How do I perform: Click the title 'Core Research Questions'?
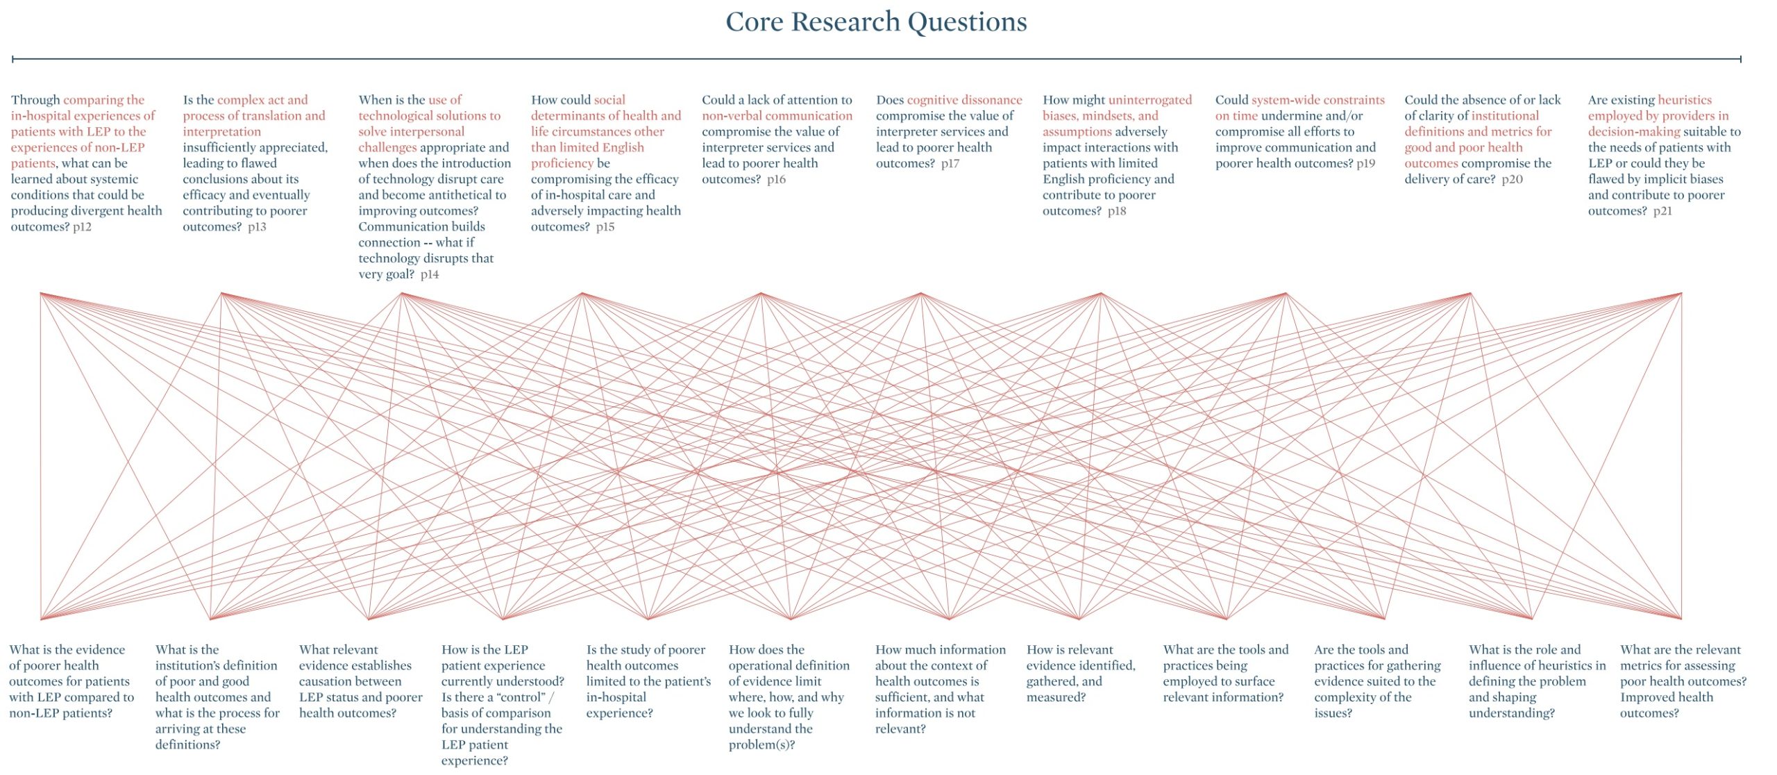876,22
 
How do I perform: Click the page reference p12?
82,227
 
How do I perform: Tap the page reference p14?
430,274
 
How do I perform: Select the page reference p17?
950,164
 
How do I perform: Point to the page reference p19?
1365,164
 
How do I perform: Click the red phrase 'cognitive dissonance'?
964,100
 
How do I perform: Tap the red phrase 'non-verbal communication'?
777,116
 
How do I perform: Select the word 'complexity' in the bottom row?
1363,697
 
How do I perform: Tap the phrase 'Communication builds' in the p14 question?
421,227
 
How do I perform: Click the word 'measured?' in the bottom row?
1055,697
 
